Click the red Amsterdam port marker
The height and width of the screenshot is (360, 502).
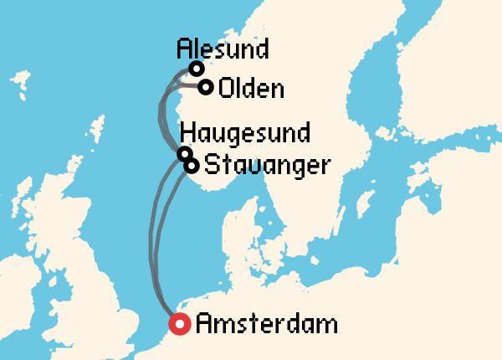pos(178,324)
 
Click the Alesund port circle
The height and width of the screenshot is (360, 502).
pos(197,69)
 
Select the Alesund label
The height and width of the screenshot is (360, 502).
pos(223,49)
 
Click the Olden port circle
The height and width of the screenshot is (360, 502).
pos(206,85)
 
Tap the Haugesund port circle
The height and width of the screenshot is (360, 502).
pos(184,153)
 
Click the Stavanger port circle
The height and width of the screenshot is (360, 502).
pos(192,165)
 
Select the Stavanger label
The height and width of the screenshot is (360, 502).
pos(264,165)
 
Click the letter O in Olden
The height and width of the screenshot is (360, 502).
pos(224,88)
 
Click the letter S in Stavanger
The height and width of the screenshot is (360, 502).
pos(211,165)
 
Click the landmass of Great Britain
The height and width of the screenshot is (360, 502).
pos(92,276)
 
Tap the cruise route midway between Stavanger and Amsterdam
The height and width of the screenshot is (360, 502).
pos(159,243)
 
